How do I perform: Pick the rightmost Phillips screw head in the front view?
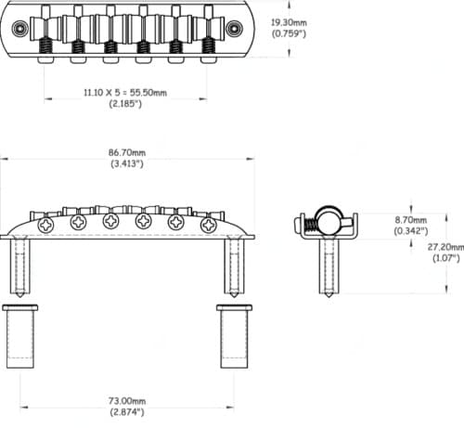(x=201, y=223)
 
